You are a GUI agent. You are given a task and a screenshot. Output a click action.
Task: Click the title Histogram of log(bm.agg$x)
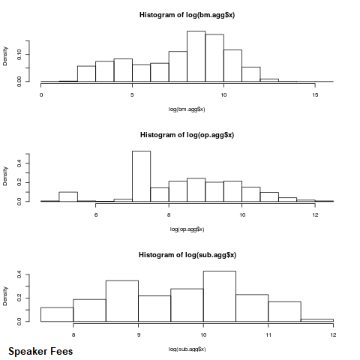tap(187, 15)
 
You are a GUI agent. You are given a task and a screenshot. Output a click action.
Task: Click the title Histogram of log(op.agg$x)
tap(187, 135)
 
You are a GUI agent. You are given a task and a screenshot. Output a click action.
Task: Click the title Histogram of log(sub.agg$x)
tap(187, 255)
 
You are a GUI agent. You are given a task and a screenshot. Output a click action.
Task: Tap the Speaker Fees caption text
tap(40, 351)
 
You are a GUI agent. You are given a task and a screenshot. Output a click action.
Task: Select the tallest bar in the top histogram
tap(196, 56)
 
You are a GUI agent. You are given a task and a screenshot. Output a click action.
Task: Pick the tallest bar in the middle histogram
tap(141, 176)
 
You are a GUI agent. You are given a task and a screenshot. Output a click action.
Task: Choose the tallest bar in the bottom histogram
tap(220, 296)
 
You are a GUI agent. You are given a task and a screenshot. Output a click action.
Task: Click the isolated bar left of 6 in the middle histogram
tap(68, 196)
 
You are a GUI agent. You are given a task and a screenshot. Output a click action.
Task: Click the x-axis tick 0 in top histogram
tap(41, 95)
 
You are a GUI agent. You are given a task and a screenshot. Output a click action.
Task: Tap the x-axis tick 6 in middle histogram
tap(96, 215)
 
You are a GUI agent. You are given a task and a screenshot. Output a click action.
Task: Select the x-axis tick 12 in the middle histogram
tap(315, 215)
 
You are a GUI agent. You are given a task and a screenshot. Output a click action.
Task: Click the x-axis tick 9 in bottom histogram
tap(138, 335)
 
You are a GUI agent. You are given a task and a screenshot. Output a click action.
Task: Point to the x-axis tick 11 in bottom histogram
tap(268, 335)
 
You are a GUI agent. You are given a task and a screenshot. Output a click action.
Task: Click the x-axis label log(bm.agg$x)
tap(187, 109)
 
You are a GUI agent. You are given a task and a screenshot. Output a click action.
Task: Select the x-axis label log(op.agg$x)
tap(187, 229)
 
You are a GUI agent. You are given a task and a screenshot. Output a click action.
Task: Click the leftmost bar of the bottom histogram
tap(57, 314)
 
